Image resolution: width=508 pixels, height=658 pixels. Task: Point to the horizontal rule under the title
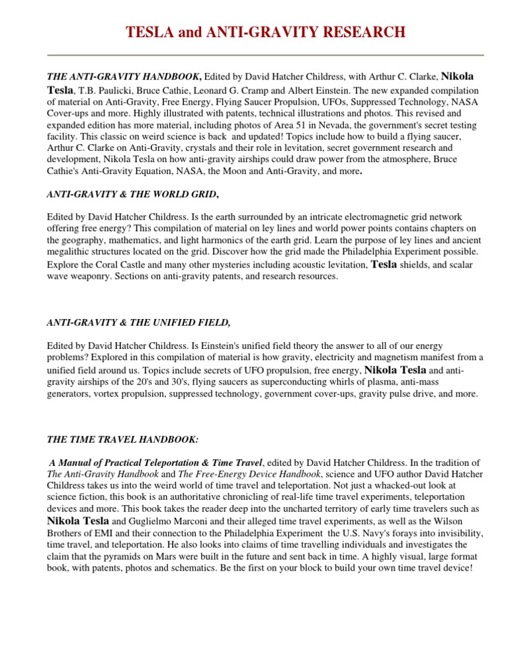click(x=254, y=55)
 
